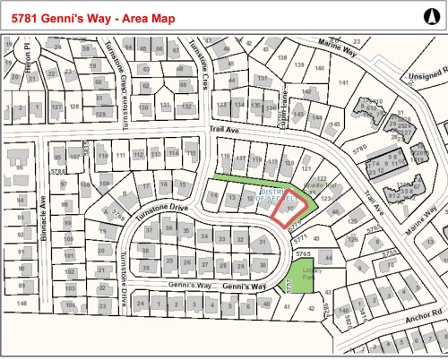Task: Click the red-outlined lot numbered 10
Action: click(291, 207)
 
